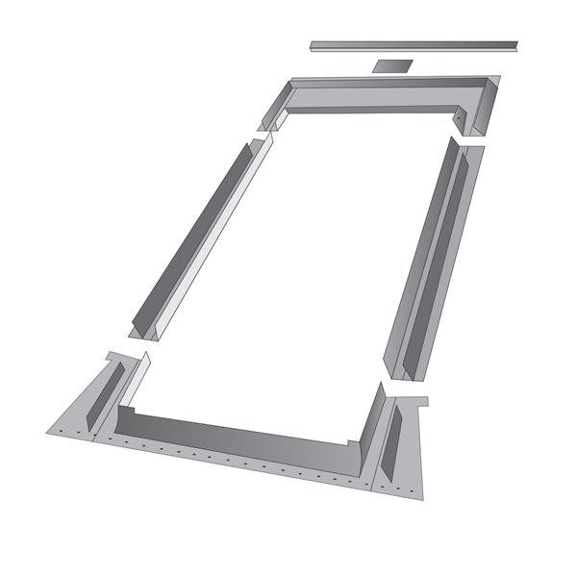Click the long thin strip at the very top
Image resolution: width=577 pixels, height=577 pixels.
414,44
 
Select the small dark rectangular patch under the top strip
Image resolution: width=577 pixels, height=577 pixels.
389,66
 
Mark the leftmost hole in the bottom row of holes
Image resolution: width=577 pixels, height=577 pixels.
58,428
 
